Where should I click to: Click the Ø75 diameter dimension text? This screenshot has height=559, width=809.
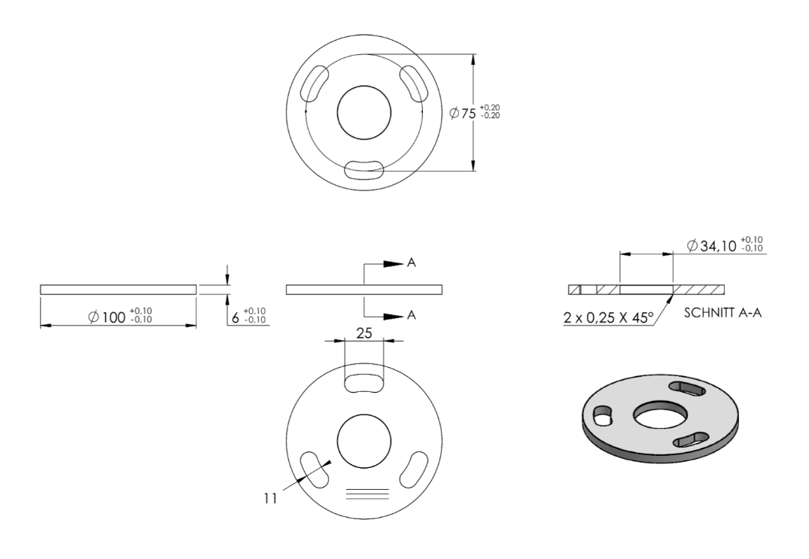point(475,112)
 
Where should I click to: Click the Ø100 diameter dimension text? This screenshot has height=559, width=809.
point(120,315)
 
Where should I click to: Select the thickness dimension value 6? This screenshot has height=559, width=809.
point(236,317)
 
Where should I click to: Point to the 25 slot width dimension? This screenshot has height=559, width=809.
point(364,333)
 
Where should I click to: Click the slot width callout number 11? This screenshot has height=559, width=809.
point(270,499)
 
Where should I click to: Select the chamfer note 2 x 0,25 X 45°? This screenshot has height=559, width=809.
point(608,317)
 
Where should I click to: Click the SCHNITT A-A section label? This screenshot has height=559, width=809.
point(722,312)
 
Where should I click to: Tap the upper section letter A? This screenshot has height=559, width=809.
point(411,263)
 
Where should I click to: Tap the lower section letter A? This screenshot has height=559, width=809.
point(411,314)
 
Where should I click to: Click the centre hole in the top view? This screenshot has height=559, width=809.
point(363,112)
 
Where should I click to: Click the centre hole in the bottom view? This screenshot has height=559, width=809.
point(363,441)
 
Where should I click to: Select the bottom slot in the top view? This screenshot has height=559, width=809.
point(364,170)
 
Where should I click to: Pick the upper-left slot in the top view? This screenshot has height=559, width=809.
point(315,84)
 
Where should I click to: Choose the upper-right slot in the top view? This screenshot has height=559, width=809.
point(415,84)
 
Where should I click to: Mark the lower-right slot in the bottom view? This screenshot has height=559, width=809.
point(414,469)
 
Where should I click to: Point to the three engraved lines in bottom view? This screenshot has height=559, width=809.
point(366,494)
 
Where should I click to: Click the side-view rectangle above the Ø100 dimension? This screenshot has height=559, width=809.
point(118,290)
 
